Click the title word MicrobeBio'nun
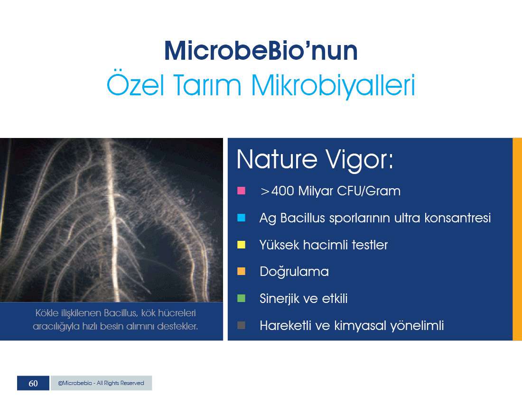(x=261, y=51)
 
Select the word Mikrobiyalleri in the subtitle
(x=333, y=85)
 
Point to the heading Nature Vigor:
(x=315, y=160)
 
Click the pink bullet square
(x=241, y=191)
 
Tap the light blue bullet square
(x=241, y=218)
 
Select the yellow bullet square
(x=241, y=245)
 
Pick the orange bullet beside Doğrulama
(x=241, y=271)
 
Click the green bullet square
(x=241, y=298)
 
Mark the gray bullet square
(x=241, y=325)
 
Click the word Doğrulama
(x=294, y=272)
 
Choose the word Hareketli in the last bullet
(x=285, y=326)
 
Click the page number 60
(x=33, y=383)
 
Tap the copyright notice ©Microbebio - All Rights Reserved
(x=101, y=383)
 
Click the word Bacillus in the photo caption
(x=120, y=313)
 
